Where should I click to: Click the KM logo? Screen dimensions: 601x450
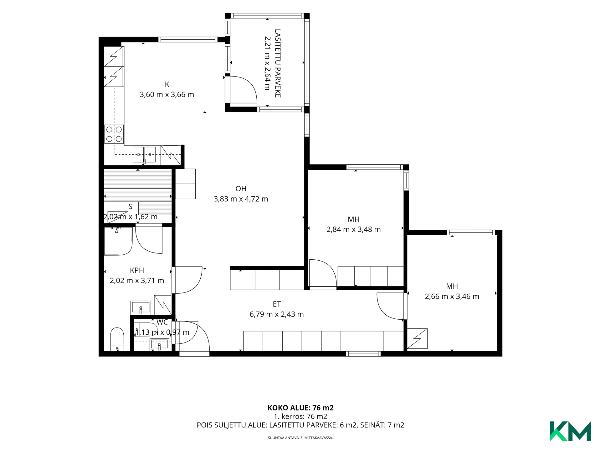[570, 431]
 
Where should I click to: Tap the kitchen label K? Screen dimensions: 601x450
[167, 84]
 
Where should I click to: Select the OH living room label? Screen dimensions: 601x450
[241, 189]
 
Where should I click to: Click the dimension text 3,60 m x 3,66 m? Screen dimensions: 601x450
[167, 95]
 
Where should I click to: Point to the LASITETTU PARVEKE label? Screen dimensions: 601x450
[277, 63]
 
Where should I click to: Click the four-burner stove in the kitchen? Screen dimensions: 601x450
[114, 134]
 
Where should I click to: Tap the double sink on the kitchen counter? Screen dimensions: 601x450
[144, 154]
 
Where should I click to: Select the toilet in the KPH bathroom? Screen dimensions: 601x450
[117, 339]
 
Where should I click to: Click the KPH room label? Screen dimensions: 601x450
[137, 271]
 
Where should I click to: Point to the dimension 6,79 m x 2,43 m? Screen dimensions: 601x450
[277, 314]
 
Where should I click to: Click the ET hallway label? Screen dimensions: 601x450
[277, 304]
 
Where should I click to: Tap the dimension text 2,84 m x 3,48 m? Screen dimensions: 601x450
[354, 229]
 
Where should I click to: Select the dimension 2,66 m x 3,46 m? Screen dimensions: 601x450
[452, 297]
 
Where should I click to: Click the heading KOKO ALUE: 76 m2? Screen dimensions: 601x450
[300, 408]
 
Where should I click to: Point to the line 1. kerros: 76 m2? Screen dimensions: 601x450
[300, 417]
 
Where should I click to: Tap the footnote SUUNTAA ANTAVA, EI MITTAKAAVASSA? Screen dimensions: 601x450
[300, 438]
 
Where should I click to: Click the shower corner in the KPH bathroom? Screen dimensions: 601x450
[118, 241]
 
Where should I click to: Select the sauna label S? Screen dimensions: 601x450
[131, 207]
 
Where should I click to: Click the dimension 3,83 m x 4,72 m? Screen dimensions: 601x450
[241, 199]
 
